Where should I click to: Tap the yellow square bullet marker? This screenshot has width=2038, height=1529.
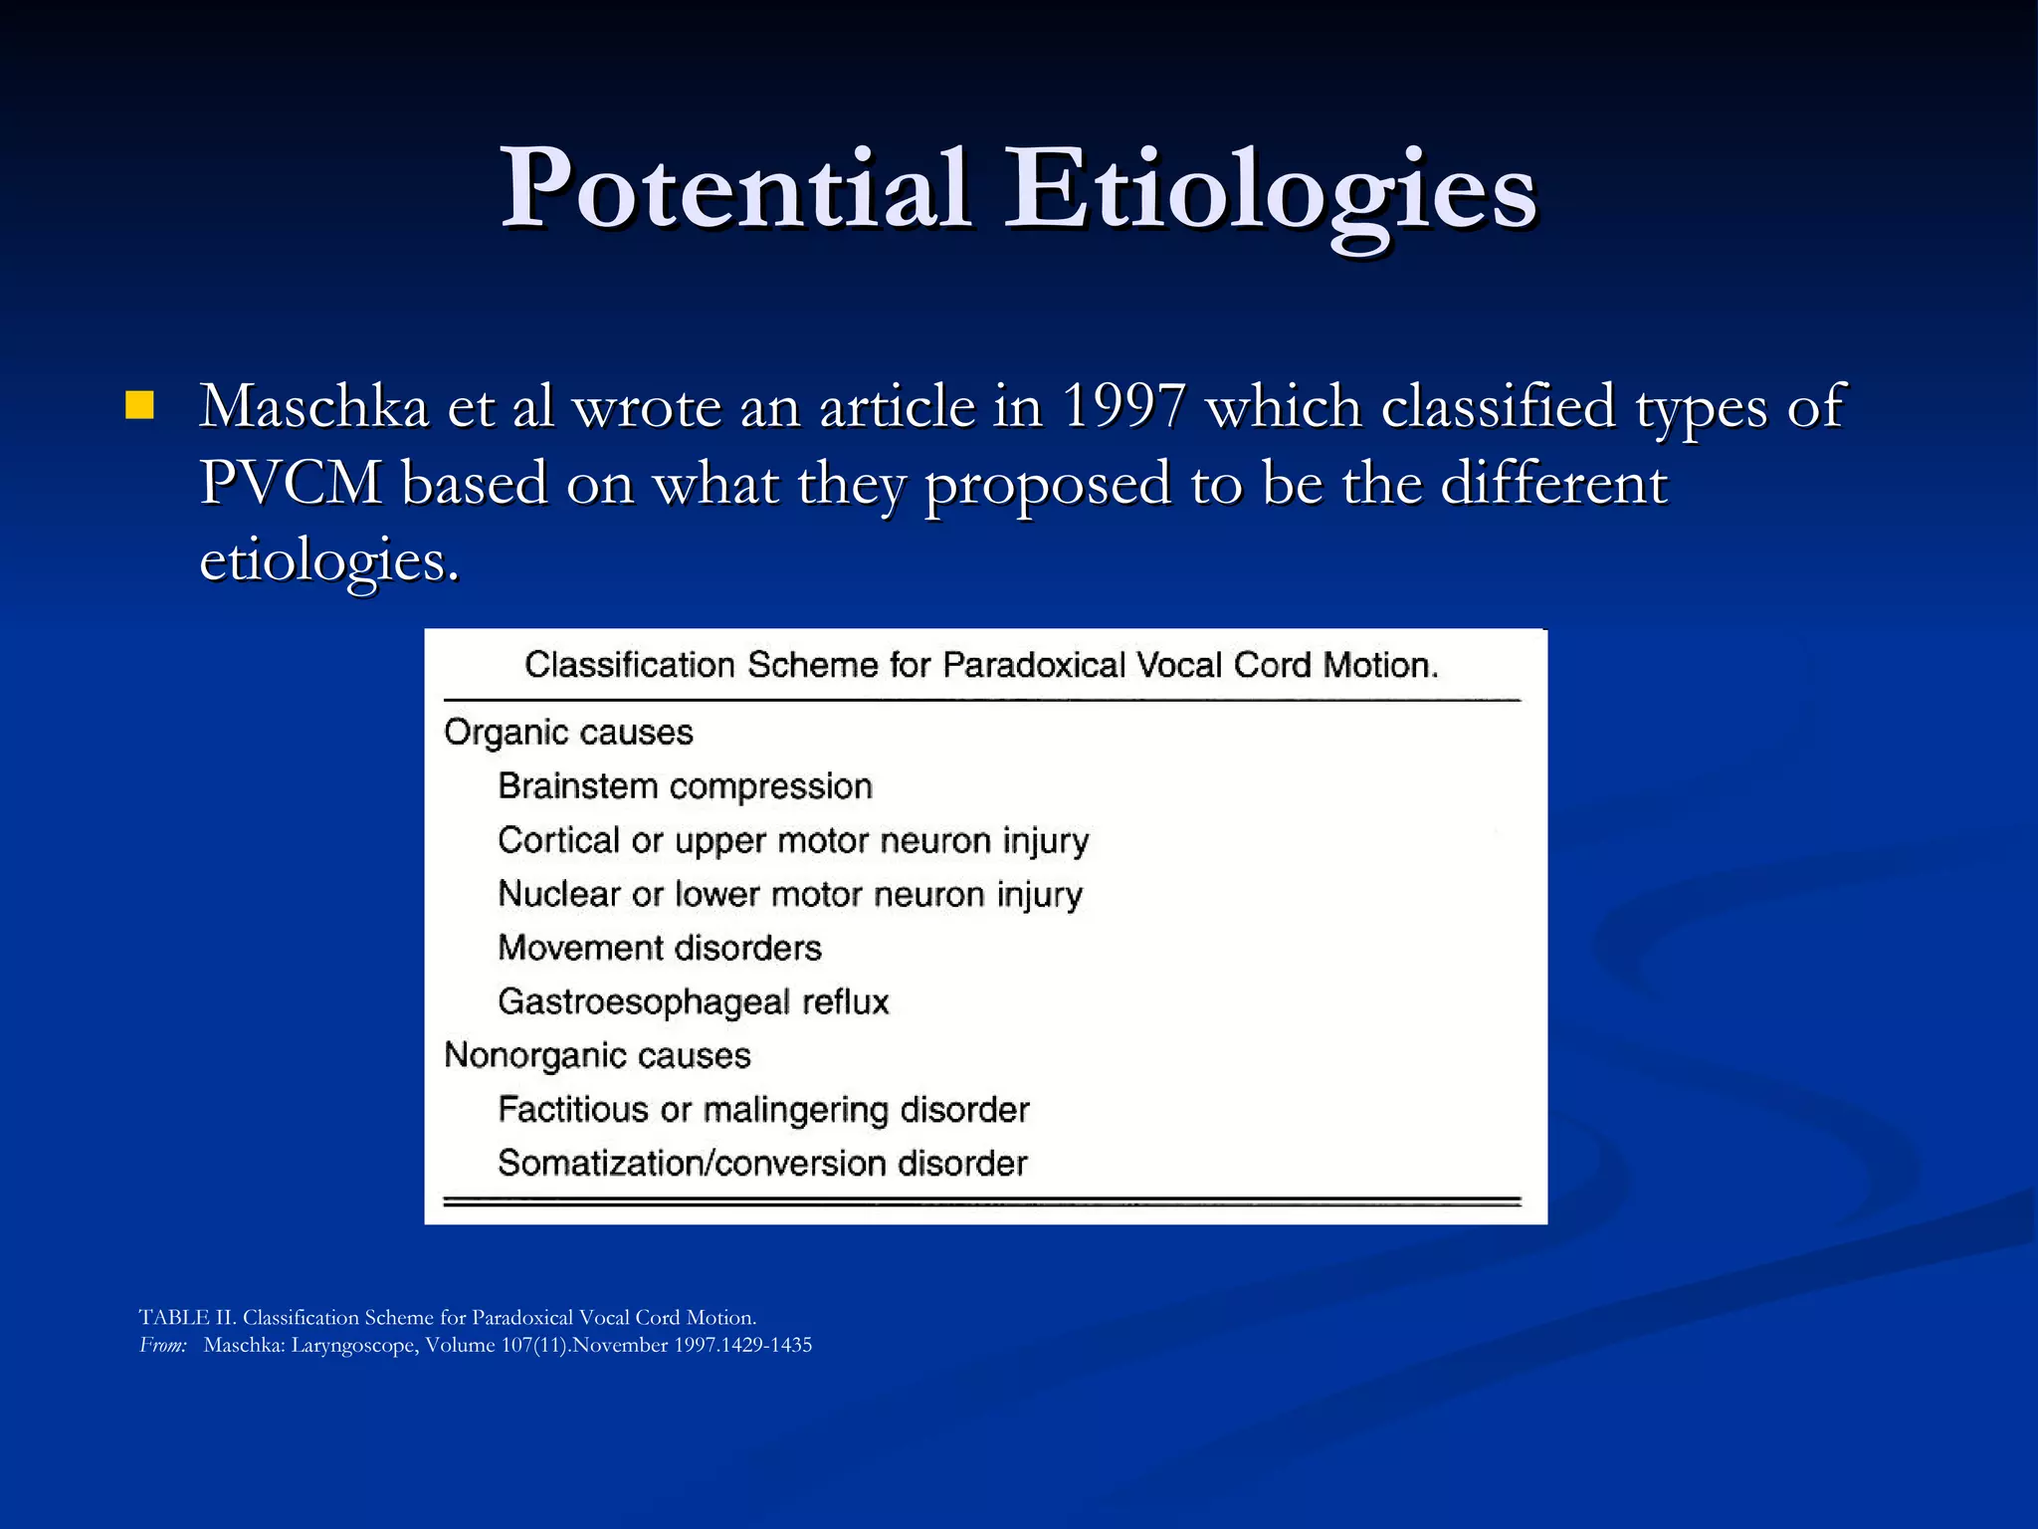point(140,405)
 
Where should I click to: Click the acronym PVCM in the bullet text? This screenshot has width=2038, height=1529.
point(291,484)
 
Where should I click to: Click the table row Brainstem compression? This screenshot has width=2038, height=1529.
point(685,786)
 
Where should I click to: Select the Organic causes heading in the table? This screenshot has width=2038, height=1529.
point(568,733)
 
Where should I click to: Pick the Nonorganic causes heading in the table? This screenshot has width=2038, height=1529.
point(597,1055)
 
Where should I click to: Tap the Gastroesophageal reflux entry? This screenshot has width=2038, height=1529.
point(693,1001)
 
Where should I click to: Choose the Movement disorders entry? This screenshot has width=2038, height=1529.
point(660,948)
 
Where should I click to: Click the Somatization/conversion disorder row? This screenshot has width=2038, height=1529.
point(762,1163)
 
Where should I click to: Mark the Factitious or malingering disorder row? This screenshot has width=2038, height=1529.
point(763,1109)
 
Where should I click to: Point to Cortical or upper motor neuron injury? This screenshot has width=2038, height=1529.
point(793,840)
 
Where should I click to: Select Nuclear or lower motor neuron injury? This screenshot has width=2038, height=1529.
point(790,894)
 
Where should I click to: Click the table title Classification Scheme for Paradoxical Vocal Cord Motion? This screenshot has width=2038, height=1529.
point(981,665)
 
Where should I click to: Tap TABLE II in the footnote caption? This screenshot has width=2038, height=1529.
point(186,1317)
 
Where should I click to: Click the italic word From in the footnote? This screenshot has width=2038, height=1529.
point(162,1345)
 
